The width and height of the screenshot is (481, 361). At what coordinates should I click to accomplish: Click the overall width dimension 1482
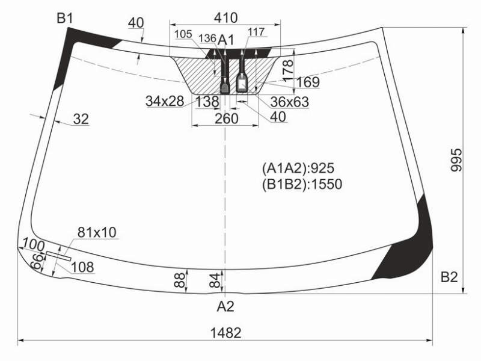[x=226, y=333]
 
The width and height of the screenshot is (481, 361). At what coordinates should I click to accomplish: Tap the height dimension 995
[x=456, y=160]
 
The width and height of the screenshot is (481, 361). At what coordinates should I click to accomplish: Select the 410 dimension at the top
[x=226, y=18]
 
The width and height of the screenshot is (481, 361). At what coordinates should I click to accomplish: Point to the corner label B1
[x=65, y=19]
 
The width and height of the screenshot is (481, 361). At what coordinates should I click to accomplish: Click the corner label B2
[x=449, y=277]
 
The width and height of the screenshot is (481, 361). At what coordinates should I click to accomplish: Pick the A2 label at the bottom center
[x=225, y=306]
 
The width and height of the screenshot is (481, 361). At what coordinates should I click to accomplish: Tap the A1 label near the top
[x=226, y=40]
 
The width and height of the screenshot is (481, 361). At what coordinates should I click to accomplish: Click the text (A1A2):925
[x=298, y=168]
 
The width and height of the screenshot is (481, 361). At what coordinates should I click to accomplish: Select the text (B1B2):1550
[x=302, y=184]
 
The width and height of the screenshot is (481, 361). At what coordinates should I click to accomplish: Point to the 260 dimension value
[x=227, y=119]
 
